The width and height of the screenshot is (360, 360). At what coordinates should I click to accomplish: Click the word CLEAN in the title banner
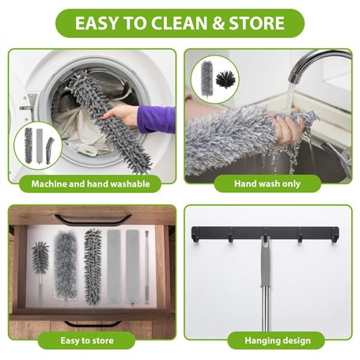click(180, 23)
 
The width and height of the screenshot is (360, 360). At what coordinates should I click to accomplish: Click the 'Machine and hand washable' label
click(90, 184)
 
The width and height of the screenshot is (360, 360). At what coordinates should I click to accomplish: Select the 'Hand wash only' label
click(267, 184)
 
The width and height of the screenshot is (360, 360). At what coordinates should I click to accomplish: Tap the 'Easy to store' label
click(87, 340)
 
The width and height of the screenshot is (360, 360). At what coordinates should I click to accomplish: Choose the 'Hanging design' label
click(278, 340)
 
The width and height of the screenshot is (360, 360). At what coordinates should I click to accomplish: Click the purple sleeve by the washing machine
click(156, 119)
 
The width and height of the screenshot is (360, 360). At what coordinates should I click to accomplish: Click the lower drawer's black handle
click(93, 324)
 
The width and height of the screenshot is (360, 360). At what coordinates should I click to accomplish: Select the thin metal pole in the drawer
click(146, 267)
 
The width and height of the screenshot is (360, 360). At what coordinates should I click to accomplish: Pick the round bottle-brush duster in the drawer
click(40, 271)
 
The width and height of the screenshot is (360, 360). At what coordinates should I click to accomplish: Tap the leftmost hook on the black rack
click(195, 235)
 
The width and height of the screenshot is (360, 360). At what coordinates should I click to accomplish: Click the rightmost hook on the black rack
click(335, 235)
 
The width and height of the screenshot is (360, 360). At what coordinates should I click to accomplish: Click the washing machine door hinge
click(27, 104)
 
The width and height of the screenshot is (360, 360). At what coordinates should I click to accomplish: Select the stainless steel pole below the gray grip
click(266, 309)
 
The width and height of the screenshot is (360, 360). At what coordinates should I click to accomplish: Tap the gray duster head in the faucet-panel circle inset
click(207, 79)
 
